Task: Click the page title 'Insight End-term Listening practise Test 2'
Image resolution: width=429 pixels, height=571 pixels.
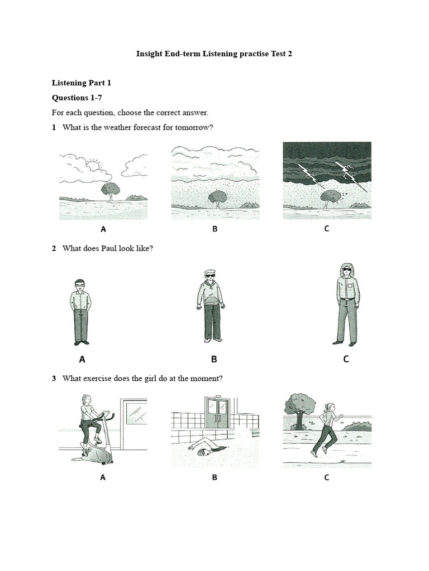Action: [x=214, y=54]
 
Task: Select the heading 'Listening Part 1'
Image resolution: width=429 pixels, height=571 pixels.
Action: [x=82, y=83]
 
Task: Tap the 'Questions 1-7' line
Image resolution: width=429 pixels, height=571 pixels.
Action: [x=77, y=98]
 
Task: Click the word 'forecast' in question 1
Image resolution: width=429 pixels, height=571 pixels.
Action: [x=144, y=127]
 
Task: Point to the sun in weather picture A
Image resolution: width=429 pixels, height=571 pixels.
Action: [x=93, y=166]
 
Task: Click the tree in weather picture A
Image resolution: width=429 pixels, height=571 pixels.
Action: [x=110, y=190]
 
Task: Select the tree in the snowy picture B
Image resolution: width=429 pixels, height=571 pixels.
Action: [x=217, y=197]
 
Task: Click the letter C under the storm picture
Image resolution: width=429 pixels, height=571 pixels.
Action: [x=327, y=229]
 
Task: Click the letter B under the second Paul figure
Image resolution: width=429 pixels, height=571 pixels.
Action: [x=213, y=359]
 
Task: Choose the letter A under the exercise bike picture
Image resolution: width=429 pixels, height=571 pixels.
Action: [x=103, y=477]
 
